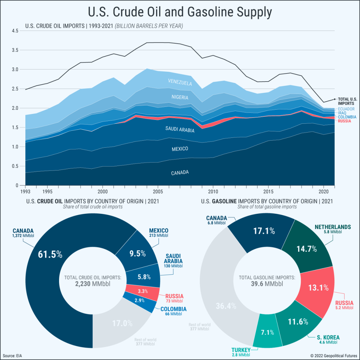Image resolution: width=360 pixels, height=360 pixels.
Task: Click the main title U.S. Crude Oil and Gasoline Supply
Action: point(180,12)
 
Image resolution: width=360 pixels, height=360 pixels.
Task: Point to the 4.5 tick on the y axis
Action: point(15,31)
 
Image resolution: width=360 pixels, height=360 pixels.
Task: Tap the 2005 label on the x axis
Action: point(157,192)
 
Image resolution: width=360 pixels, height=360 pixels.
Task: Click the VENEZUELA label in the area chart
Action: point(180,82)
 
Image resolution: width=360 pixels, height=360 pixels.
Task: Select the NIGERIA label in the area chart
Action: point(180,97)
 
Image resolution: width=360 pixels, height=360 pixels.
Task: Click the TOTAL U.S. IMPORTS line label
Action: point(347,102)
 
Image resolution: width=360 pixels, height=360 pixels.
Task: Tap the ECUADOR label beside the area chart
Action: point(346,109)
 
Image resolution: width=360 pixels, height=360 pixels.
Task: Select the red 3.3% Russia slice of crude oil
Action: point(143,291)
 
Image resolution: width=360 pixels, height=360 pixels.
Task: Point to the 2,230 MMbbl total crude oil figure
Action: point(92,284)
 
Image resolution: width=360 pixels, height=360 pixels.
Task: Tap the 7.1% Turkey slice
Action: point(267,332)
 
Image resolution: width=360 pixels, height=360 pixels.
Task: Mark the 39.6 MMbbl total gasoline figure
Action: point(267,284)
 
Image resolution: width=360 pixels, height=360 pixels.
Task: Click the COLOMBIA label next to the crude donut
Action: point(173,309)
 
